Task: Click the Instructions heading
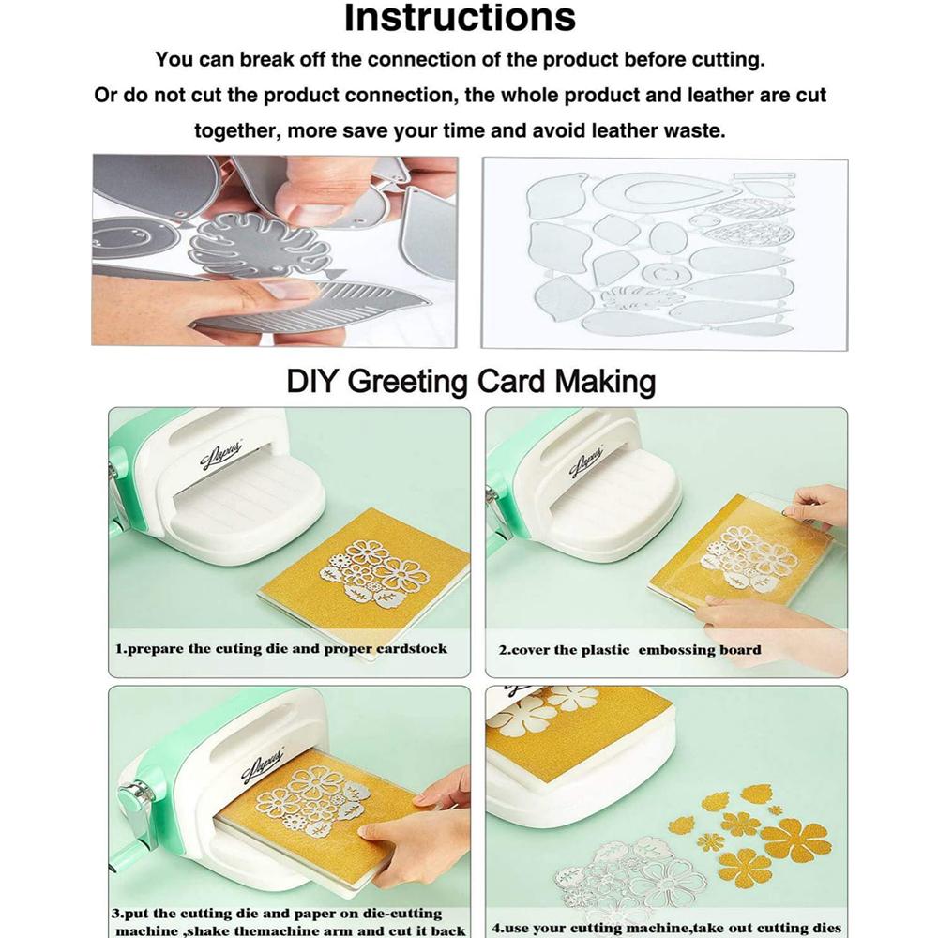(460, 17)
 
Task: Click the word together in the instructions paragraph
(236, 130)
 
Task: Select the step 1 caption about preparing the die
(281, 648)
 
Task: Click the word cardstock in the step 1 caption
(411, 648)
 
